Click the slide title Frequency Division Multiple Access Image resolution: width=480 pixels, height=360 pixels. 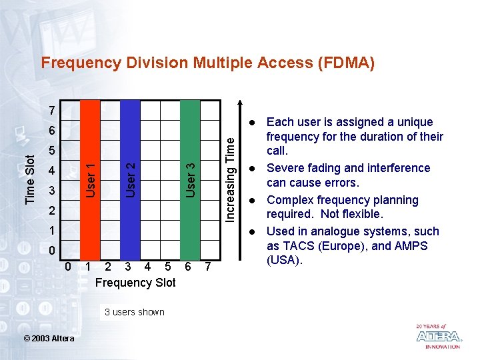pyautogui.click(x=207, y=63)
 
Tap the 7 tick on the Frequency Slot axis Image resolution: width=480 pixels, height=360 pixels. pyautogui.click(x=208, y=267)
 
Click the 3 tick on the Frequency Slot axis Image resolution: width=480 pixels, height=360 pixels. pyautogui.click(x=128, y=267)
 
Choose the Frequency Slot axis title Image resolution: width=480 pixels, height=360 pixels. pyautogui.click(x=135, y=283)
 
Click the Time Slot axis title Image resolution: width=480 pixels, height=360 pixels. pyautogui.click(x=30, y=179)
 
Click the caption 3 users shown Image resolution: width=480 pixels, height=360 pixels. pyautogui.click(x=134, y=312)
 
